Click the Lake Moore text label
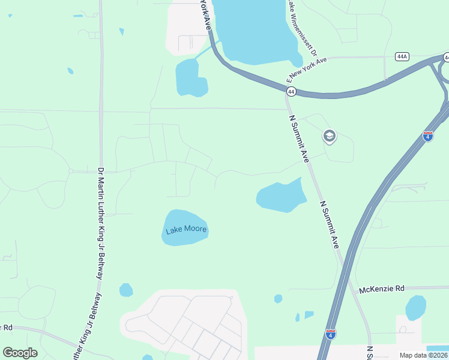coord(186,229)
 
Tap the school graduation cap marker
coord(329,137)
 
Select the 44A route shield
coord(402,56)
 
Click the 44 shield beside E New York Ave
coord(291,91)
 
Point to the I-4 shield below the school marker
coord(428,136)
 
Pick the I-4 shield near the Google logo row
coord(331,333)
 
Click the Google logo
coord(20,353)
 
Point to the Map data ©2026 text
coord(423,355)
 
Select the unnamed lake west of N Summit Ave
coord(280,196)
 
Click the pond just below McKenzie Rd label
coord(415,307)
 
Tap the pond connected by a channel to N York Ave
coord(191,78)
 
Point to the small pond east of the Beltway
coord(126,290)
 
